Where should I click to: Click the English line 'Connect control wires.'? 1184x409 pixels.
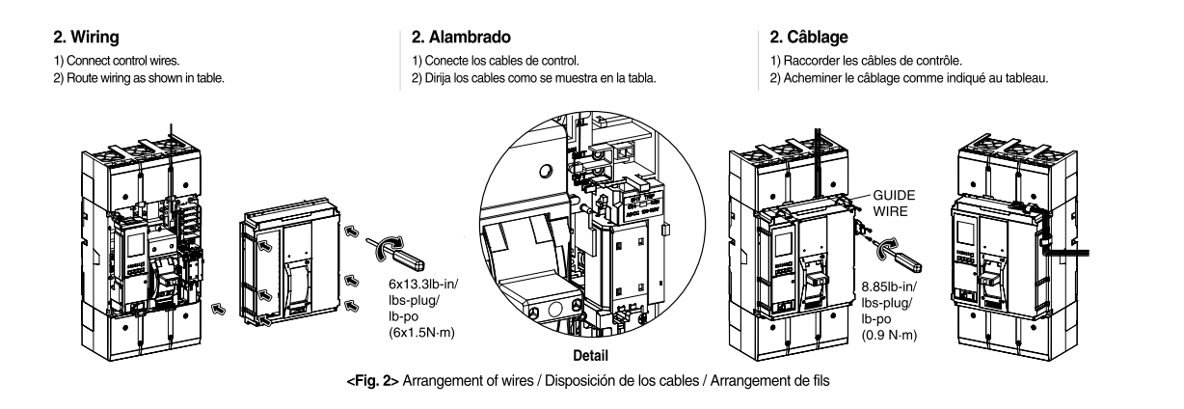click(105, 61)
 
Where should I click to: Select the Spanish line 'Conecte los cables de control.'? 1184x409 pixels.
click(497, 61)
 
